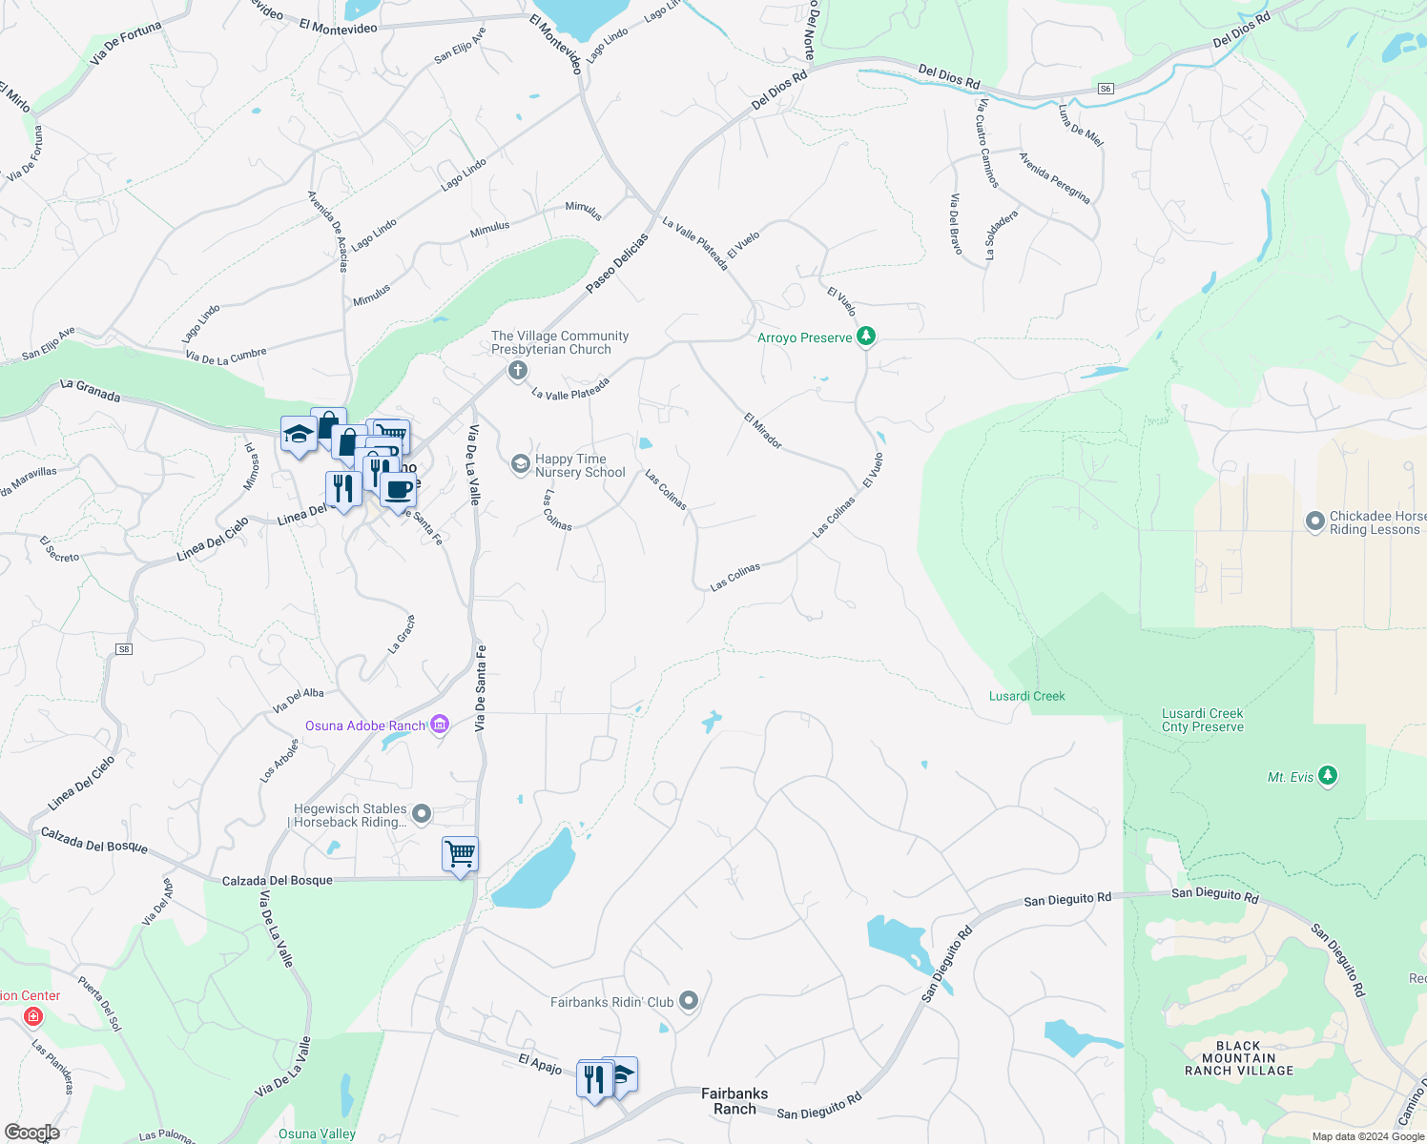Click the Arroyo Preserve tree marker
pyautogui.click(x=866, y=336)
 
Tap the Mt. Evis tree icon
pyautogui.click(x=1327, y=775)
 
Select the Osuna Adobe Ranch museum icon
pyautogui.click(x=440, y=725)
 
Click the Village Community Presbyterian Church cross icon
pyautogui.click(x=518, y=370)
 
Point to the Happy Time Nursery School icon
pyautogui.click(x=521, y=464)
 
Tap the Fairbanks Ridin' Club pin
pyautogui.click(x=689, y=1001)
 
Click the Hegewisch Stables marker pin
pyautogui.click(x=422, y=814)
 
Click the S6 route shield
pyautogui.click(x=1106, y=89)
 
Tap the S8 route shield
pyautogui.click(x=124, y=649)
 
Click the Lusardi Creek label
pyautogui.click(x=1026, y=696)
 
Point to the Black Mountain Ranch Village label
pyautogui.click(x=1239, y=1058)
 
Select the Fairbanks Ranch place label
pyautogui.click(x=734, y=1100)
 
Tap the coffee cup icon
pyautogui.click(x=398, y=490)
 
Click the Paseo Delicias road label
pyautogui.click(x=616, y=263)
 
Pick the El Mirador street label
pyautogui.click(x=763, y=431)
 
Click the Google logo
pyautogui.click(x=31, y=1132)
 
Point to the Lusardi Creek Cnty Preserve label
pyautogui.click(x=1203, y=720)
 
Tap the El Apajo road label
pyautogui.click(x=540, y=1064)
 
